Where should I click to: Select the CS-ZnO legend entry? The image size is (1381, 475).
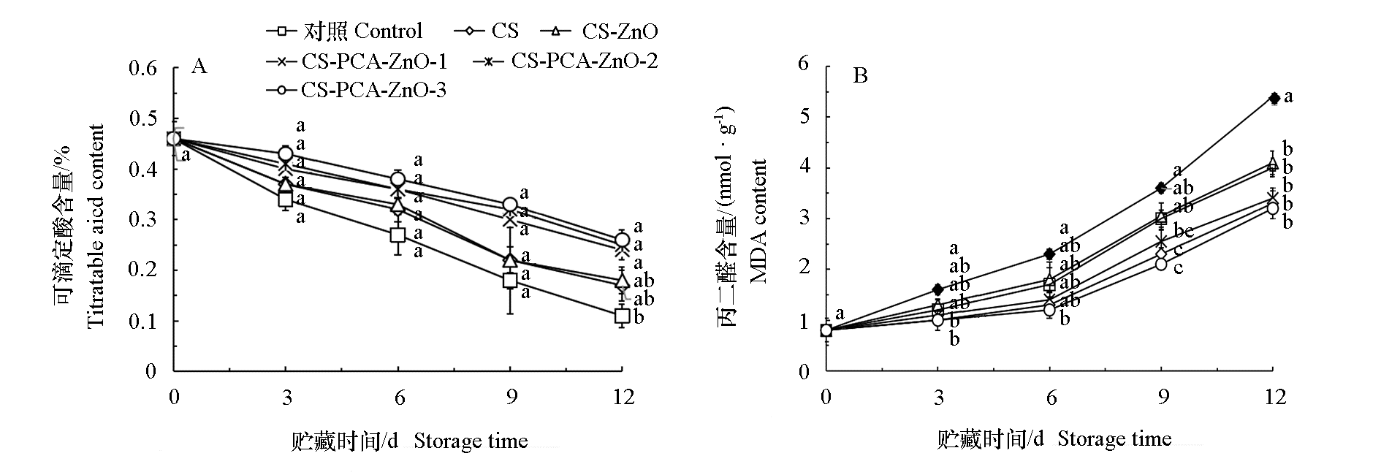coord(599,31)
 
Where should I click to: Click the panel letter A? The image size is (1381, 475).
coord(199,66)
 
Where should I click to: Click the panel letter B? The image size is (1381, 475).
coord(861,75)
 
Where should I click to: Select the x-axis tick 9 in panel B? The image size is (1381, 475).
coord(1163,398)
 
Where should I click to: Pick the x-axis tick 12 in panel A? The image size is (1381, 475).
coord(621,398)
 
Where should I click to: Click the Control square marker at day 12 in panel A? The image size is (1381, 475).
coord(622,316)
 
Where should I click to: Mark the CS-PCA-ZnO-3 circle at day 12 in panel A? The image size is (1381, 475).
coord(622,240)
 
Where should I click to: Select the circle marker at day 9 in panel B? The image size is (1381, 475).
coord(1161,264)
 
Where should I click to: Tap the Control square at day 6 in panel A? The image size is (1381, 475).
coord(397,235)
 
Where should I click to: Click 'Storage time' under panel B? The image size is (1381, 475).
coord(1114,439)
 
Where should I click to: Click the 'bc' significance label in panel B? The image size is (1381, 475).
coord(1183,232)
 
